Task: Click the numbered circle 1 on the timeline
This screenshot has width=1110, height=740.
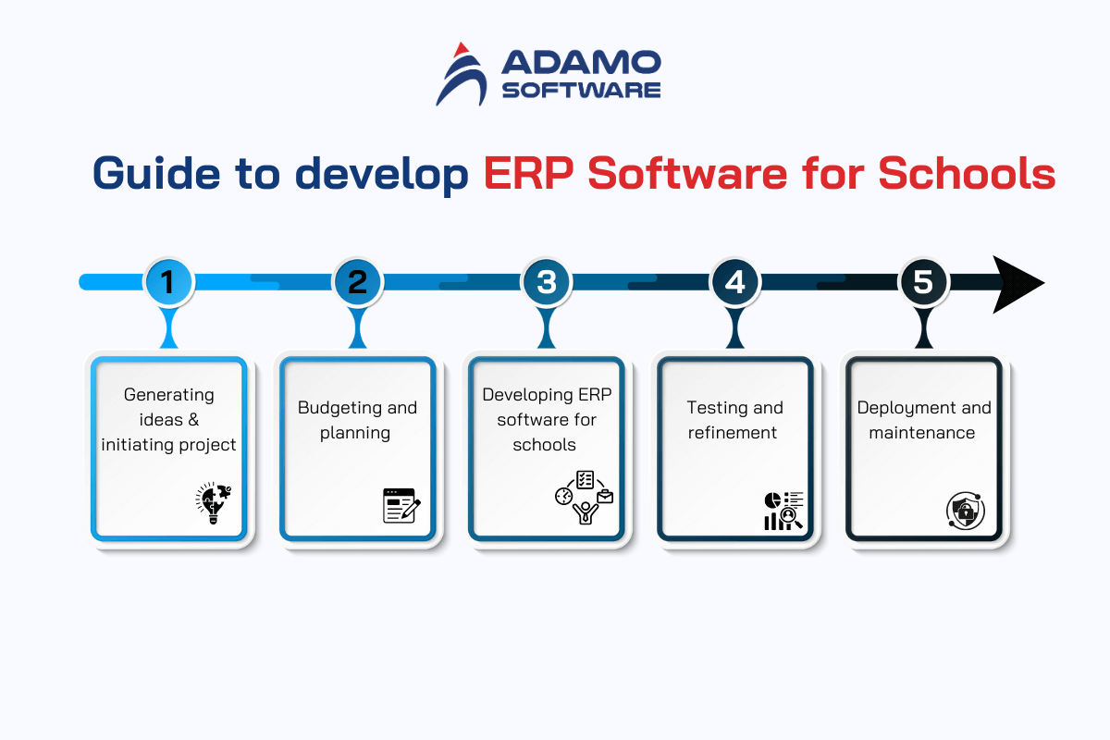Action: click(167, 281)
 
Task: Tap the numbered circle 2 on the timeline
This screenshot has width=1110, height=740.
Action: click(357, 281)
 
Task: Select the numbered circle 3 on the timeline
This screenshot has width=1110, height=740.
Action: click(546, 281)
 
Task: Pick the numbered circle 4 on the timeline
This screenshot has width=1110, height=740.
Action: click(734, 281)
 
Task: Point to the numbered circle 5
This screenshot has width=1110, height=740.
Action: click(923, 281)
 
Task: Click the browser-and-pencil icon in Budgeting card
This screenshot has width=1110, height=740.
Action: click(401, 506)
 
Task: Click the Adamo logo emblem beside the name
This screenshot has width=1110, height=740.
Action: click(462, 74)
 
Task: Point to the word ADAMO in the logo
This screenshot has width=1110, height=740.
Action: click(580, 63)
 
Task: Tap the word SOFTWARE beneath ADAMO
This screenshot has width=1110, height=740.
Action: click(580, 90)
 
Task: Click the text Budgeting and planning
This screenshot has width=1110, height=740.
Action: click(357, 420)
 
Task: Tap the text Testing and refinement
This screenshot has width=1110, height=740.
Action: click(734, 420)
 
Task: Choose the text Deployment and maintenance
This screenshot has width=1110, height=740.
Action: click(923, 420)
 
